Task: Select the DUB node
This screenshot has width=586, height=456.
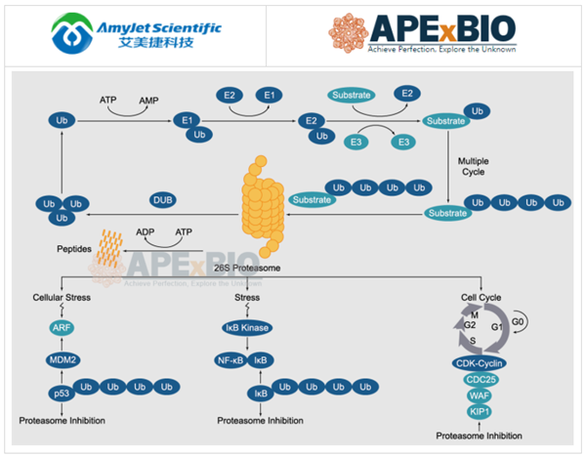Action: pyautogui.click(x=163, y=200)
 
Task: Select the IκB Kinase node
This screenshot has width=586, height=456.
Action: pyautogui.click(x=247, y=328)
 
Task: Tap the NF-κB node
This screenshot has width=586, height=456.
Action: pyautogui.click(x=232, y=360)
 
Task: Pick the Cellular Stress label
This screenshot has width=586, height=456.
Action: pyautogui.click(x=61, y=297)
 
